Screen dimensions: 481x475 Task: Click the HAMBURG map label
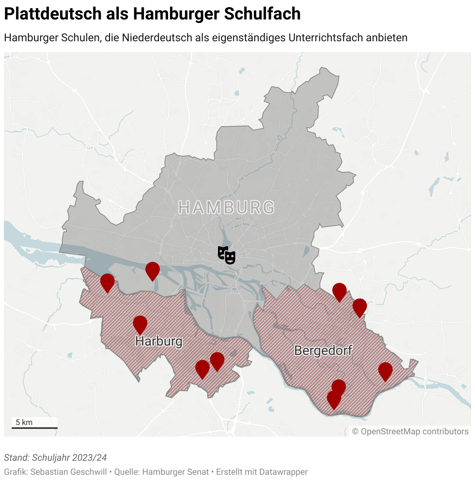tap(226, 207)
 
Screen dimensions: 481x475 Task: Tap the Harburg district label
tap(159, 341)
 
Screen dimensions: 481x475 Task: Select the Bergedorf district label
tap(323, 350)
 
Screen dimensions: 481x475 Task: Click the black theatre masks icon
tap(227, 255)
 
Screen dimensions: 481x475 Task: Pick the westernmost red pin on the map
tap(107, 282)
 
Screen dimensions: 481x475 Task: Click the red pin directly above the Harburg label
tap(140, 324)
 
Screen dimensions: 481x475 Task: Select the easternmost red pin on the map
tap(385, 370)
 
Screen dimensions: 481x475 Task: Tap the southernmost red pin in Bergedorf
tap(334, 399)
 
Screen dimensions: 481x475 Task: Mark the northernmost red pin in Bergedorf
tap(340, 291)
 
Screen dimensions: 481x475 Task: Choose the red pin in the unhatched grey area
tap(153, 270)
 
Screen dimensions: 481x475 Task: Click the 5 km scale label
tap(24, 422)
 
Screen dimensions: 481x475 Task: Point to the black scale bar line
tap(35, 428)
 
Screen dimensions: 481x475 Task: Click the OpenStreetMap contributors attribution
tap(410, 432)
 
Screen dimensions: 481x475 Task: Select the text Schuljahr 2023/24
tap(69, 458)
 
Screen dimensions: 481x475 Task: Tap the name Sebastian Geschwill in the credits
tap(69, 472)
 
